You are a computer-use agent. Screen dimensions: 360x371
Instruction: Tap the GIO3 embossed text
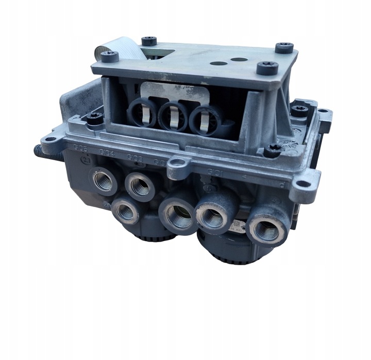(x=135, y=157)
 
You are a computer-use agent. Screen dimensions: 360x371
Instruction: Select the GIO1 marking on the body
(x=214, y=170)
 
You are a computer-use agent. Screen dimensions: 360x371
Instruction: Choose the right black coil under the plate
(x=205, y=119)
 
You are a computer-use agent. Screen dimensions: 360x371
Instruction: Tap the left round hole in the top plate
(x=218, y=63)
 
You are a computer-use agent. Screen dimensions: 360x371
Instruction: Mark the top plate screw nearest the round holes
(x=267, y=67)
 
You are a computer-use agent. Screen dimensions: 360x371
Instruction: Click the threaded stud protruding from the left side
(x=46, y=151)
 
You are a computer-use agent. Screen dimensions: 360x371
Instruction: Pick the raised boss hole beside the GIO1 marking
(x=178, y=164)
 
